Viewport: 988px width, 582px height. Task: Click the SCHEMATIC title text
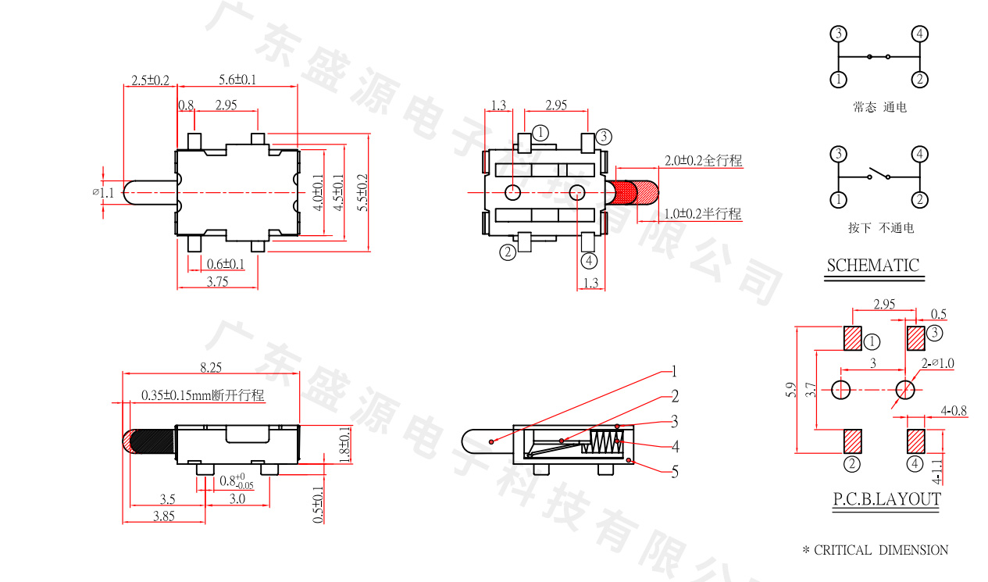coord(872,265)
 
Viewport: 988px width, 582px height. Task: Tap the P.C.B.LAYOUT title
coord(886,499)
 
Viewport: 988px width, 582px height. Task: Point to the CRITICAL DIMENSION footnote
coord(876,550)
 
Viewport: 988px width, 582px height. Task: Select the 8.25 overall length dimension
coord(211,366)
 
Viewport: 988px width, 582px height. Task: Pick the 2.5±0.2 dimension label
coord(150,80)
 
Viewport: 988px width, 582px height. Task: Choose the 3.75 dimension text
coord(217,282)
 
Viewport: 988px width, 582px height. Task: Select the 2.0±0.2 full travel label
coord(703,161)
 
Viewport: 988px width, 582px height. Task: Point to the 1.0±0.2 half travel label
coord(702,213)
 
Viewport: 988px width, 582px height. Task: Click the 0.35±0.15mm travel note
coord(203,395)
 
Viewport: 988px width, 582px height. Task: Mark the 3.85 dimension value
coord(163,516)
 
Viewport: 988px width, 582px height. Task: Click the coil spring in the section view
coord(603,441)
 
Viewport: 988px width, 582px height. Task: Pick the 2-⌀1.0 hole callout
coord(937,363)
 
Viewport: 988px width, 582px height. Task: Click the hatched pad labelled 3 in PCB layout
coord(915,338)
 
